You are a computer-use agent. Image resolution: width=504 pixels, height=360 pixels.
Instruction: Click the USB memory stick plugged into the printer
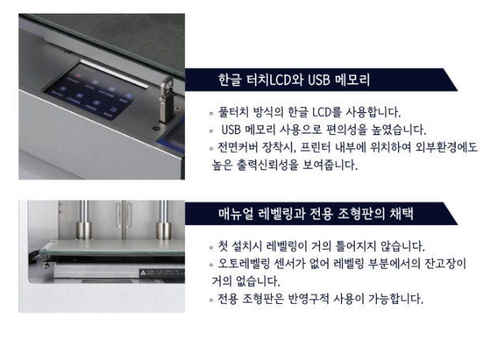(167, 99)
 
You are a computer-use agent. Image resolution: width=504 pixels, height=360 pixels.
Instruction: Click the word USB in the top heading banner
(319, 80)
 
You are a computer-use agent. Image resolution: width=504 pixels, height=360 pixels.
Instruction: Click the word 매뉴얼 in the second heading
(235, 214)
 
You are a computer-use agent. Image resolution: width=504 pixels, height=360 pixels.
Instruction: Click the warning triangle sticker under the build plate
(143, 272)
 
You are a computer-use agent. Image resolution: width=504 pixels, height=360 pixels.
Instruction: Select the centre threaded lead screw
(124, 220)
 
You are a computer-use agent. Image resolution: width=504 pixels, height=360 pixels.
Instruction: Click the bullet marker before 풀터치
(211, 114)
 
